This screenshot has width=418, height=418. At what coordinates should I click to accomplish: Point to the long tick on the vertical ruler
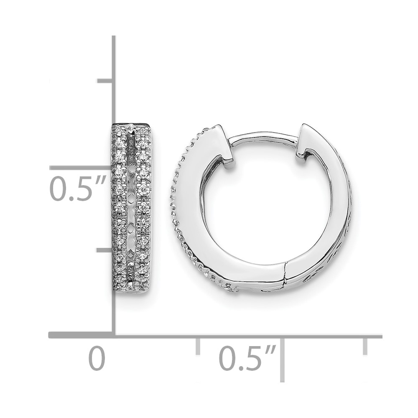tap(82, 168)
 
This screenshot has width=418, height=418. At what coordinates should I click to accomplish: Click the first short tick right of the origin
tap(198, 346)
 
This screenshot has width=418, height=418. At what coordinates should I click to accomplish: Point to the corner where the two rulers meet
tap(113, 334)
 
